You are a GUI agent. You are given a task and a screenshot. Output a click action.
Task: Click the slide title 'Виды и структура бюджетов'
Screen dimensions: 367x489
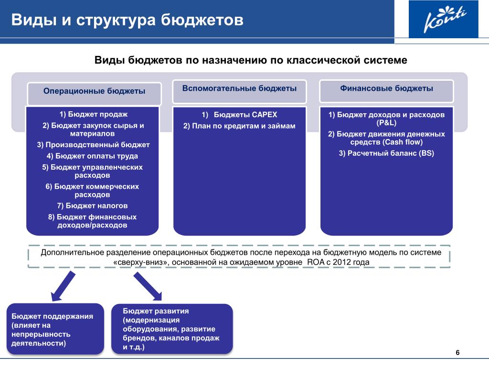[128, 21]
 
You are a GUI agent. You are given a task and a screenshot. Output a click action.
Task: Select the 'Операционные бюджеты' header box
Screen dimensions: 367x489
[95, 91]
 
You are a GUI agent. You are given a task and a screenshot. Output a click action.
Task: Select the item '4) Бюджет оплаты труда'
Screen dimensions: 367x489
[92, 156]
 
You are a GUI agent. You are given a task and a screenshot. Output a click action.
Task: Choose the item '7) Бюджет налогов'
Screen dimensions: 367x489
[92, 206]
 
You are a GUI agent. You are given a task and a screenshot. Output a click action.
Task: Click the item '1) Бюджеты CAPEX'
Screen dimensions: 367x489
[239, 115]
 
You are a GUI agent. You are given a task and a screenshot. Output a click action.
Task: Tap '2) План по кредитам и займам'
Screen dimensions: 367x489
[239, 126]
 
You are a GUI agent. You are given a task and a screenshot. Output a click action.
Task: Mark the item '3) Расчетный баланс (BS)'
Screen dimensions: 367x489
[386, 153]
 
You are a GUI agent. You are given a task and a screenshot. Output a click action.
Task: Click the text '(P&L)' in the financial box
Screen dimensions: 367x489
[386, 123]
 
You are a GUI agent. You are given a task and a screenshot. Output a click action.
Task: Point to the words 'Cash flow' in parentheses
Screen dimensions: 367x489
[405, 142]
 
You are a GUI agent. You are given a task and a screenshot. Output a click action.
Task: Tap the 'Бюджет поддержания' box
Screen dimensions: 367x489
[55, 329]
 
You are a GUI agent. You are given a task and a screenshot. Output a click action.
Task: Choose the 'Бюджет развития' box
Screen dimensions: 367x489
[171, 329]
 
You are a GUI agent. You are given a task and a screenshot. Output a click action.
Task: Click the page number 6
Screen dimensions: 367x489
[457, 353]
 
